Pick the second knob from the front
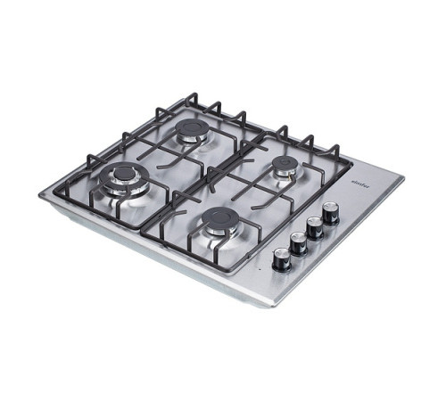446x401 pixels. click(x=299, y=242)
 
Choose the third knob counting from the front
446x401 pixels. click(x=315, y=227)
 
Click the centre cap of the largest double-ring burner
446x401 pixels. click(x=124, y=173)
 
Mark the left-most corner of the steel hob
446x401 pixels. click(x=40, y=193)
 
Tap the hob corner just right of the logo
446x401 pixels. click(x=402, y=179)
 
